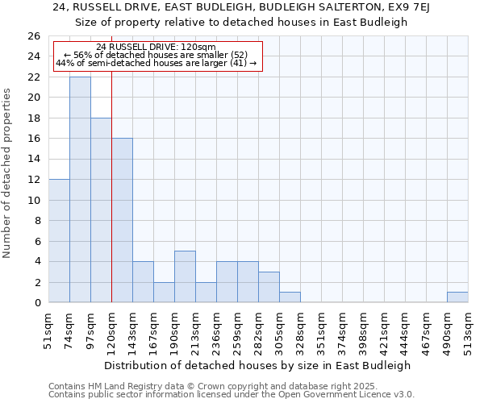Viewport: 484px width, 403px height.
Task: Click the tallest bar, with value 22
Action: pos(80,189)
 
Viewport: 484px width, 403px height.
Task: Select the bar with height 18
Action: pos(101,210)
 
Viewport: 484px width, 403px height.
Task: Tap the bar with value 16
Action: pos(122,220)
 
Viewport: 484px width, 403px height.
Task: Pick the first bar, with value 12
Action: pos(59,240)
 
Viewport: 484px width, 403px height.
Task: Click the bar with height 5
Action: pos(185,276)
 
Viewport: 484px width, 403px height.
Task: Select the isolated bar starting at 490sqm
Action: pos(457,297)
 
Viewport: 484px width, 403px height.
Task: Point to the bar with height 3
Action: pos(269,287)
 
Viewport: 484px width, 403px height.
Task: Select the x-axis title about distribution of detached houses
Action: pos(258,365)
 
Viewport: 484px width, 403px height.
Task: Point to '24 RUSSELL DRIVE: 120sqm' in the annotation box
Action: pos(156,48)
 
